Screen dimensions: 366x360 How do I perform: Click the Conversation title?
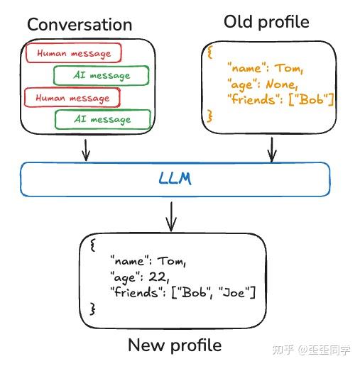[80, 25]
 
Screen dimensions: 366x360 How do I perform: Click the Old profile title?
[266, 22]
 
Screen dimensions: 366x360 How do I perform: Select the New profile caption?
[175, 345]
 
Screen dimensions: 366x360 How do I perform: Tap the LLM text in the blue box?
[175, 179]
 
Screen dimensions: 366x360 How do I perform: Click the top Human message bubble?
[73, 53]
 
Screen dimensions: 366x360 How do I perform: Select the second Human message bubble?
[72, 97]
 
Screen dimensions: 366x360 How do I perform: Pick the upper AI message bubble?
[102, 76]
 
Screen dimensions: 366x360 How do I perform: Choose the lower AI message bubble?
[102, 119]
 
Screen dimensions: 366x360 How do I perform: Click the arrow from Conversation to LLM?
[85, 148]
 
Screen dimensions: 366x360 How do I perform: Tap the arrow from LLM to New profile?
[170, 216]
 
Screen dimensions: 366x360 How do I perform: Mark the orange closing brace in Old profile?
[209, 113]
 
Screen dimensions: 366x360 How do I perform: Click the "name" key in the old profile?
[244, 68]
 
